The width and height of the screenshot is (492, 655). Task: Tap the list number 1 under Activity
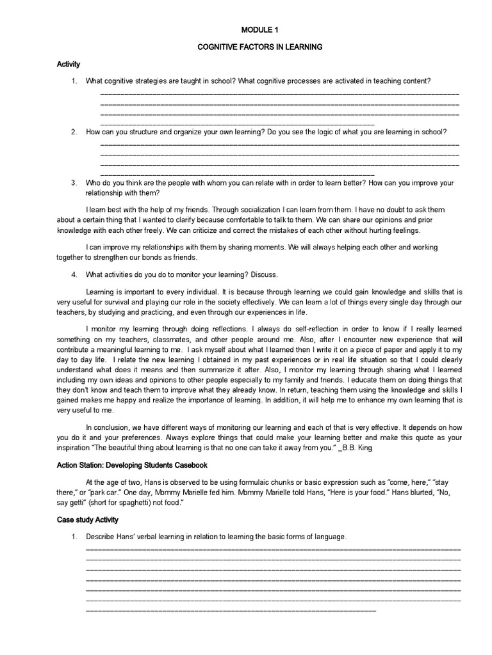(74, 81)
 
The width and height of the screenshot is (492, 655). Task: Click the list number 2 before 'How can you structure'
(74, 132)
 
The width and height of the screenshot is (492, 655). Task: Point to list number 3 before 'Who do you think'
(74, 183)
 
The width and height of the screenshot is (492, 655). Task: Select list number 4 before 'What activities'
(74, 275)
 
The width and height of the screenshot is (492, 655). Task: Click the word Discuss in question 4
(265, 275)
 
